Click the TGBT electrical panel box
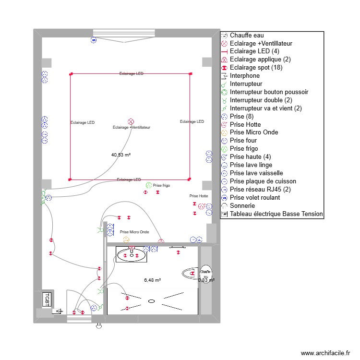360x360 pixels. tap(47, 299)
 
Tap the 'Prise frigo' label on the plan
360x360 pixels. tap(161, 185)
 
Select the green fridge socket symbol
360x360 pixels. tap(148, 185)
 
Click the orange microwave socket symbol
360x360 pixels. tap(126, 239)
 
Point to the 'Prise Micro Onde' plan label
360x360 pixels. tap(134, 232)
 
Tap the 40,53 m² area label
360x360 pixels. tap(121, 155)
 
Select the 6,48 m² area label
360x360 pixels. tap(152, 280)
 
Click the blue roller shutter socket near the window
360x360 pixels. tap(94, 40)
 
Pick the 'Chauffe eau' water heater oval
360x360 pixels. tap(206, 272)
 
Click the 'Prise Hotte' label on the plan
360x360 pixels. tap(199, 196)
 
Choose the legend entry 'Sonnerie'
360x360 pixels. tap(242, 205)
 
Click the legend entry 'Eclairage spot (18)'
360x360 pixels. tap(256, 68)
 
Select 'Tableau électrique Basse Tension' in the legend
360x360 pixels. tap(276, 214)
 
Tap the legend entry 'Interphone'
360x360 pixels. tap(244, 76)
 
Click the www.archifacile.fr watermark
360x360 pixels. tap(326, 353)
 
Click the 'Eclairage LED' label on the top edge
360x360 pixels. tap(132, 74)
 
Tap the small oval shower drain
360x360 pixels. tap(151, 301)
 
